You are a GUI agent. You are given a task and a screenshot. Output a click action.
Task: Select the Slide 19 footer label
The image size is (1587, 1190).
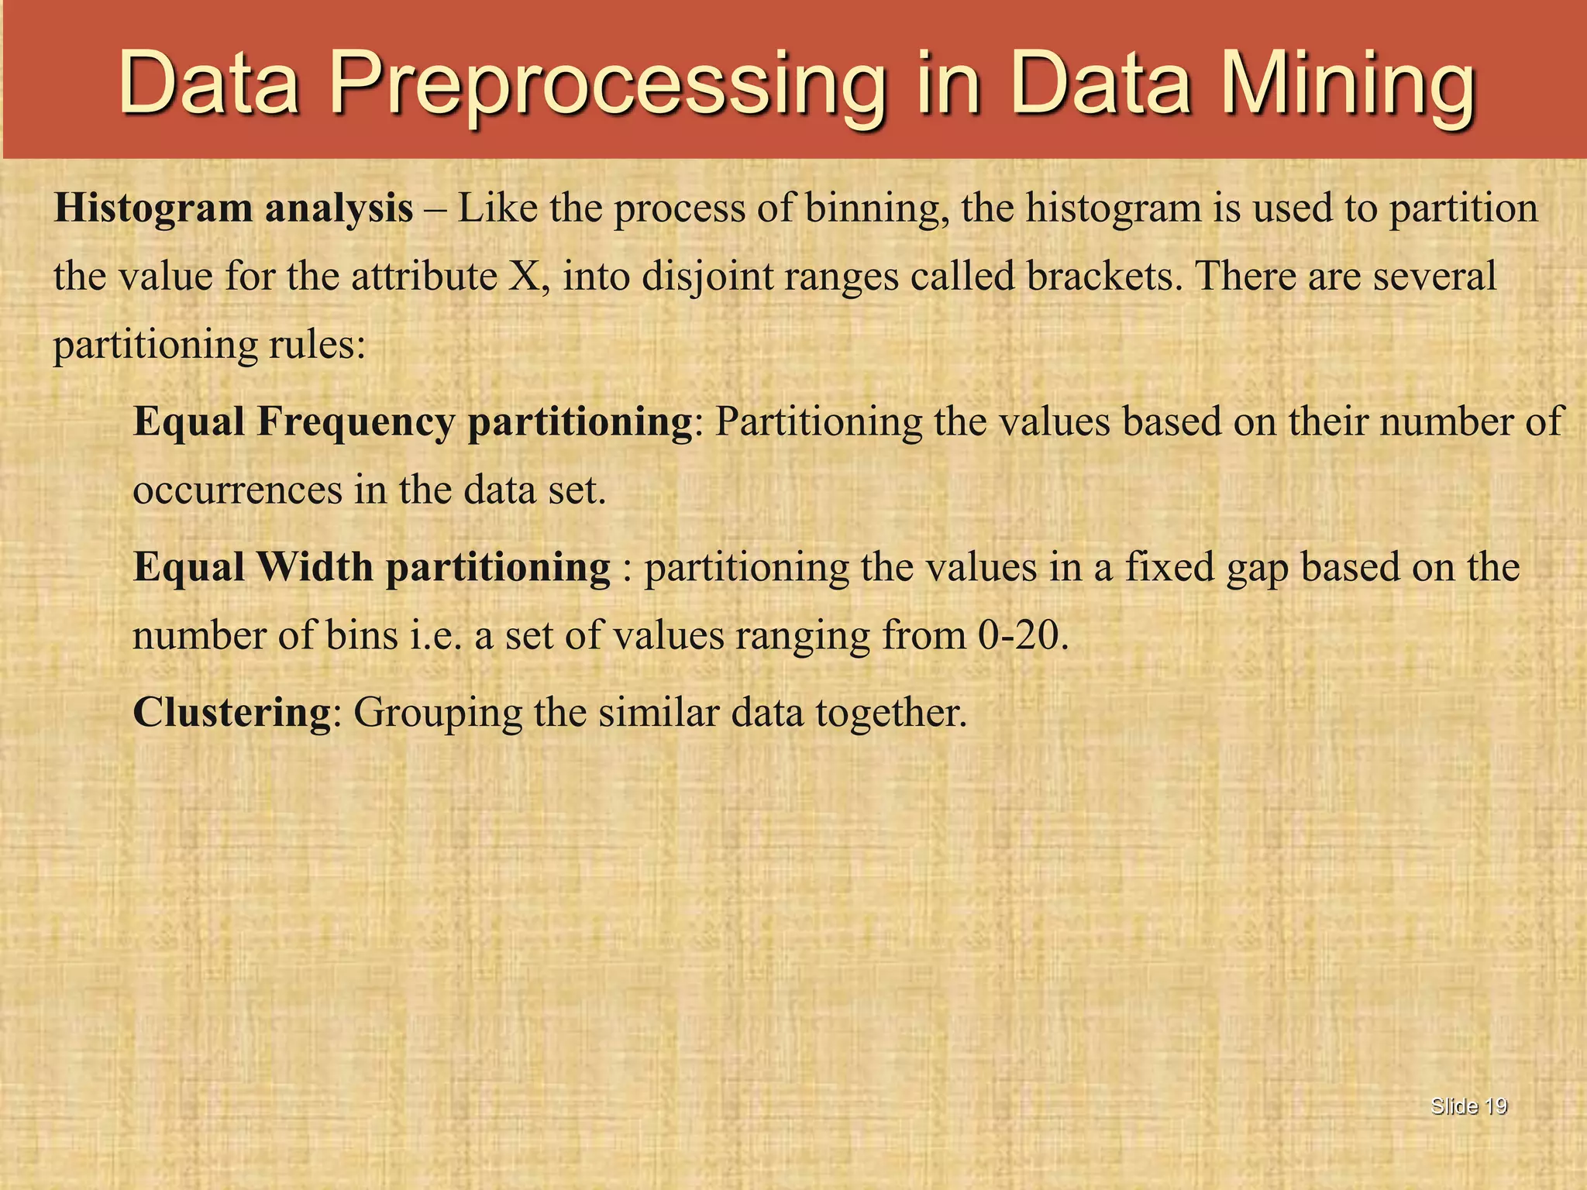coord(1468,1106)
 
